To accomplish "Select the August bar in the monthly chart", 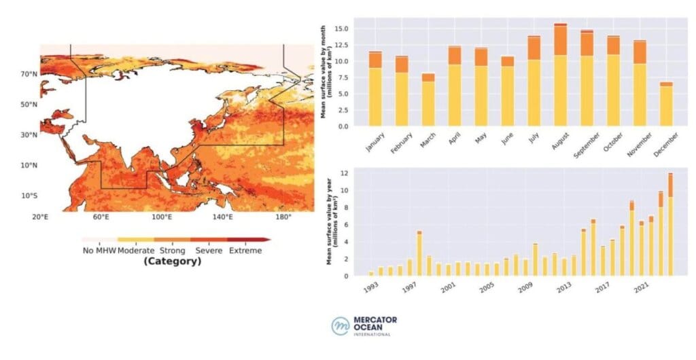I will pos(560,75).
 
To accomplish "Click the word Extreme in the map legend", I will pos(245,250).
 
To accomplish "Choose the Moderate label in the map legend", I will pos(136,250).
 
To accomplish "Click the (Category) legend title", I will pos(172,261).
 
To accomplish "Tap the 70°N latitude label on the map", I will pos(28,73).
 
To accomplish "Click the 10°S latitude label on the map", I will pos(28,196).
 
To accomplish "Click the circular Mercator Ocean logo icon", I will pos(340,326).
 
